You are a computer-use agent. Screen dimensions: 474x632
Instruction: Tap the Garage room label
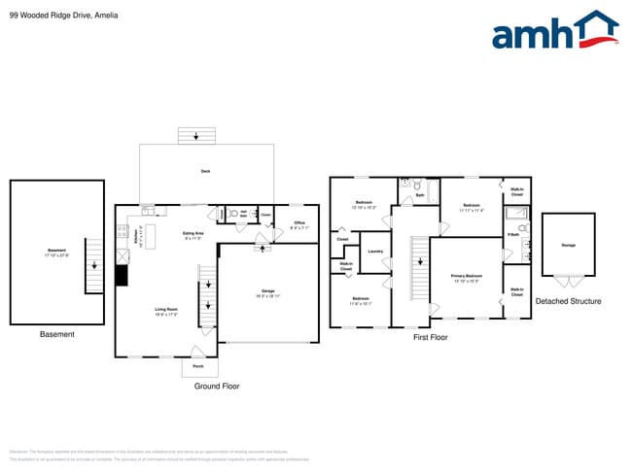(x=267, y=291)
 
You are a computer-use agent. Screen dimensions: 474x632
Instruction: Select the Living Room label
(x=166, y=312)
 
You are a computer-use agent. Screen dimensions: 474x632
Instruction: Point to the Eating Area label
(x=193, y=234)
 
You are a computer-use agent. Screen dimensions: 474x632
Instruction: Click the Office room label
(x=298, y=224)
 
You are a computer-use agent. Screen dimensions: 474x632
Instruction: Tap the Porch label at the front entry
(x=198, y=366)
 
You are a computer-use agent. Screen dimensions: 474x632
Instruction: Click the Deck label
(x=205, y=172)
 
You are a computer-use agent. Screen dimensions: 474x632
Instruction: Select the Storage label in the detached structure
(x=568, y=245)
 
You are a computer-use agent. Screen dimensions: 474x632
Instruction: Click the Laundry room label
(x=374, y=252)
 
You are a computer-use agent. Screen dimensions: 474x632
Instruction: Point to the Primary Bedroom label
(x=466, y=278)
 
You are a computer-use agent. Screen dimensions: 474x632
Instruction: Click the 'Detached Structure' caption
(x=568, y=301)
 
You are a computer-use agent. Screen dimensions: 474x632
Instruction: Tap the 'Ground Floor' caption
(x=217, y=386)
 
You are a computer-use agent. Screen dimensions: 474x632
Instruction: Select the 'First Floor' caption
(x=430, y=337)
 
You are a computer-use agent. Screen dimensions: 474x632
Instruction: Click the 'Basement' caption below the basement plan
(x=56, y=334)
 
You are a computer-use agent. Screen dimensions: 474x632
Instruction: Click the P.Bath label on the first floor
(x=512, y=235)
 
